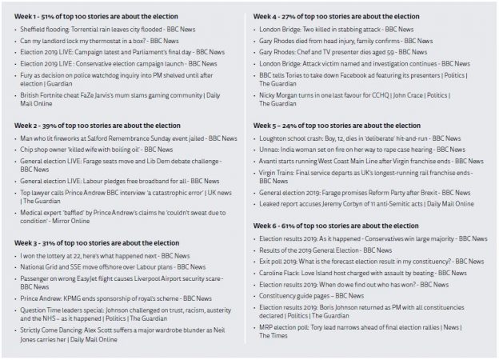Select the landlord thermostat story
pos(88,41)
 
